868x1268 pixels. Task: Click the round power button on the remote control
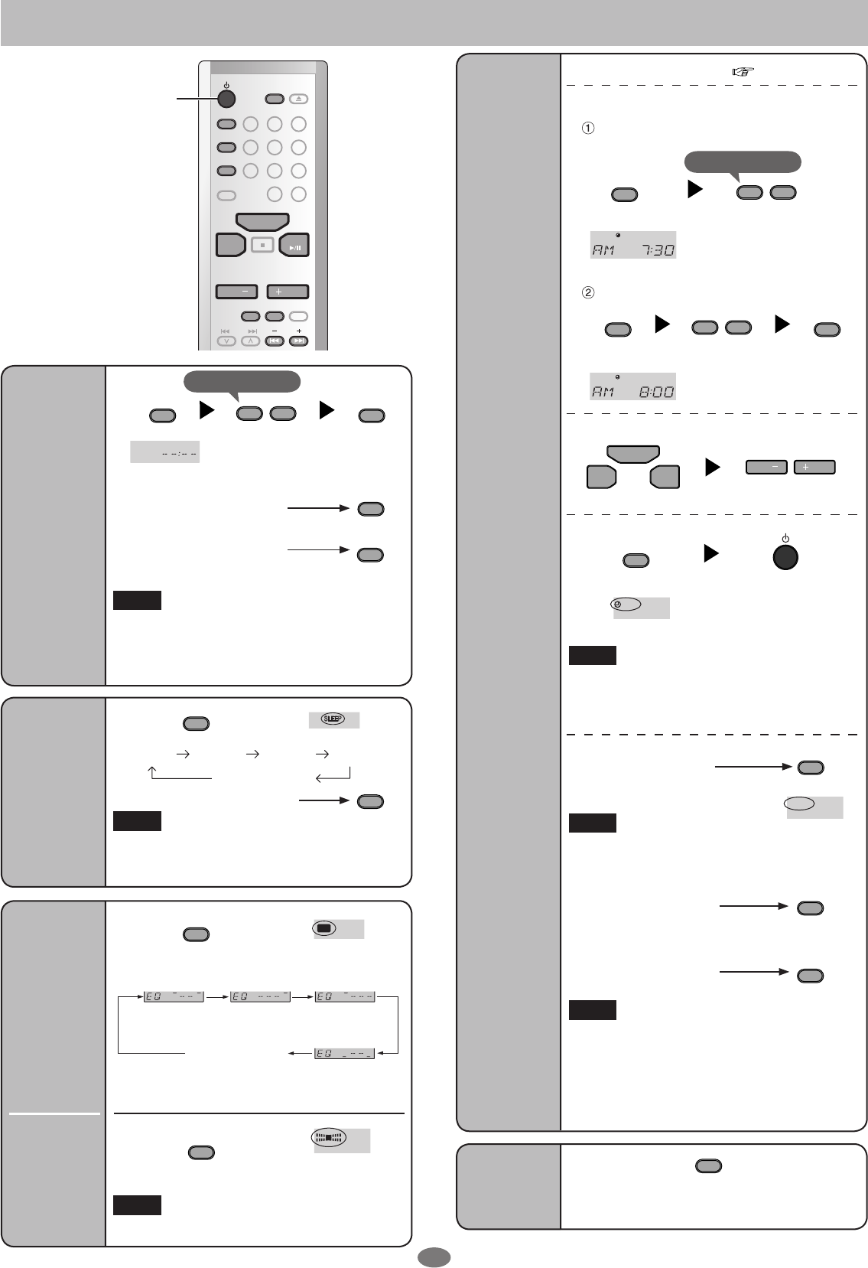click(226, 99)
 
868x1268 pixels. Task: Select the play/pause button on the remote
click(294, 245)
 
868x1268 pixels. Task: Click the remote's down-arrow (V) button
click(226, 341)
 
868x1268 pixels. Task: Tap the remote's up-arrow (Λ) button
click(250, 341)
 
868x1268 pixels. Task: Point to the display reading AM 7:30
click(632, 245)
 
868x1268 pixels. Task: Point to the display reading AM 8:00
click(632, 386)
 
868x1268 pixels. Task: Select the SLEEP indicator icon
click(334, 719)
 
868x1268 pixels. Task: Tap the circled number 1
click(587, 129)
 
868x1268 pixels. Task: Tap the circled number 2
click(587, 292)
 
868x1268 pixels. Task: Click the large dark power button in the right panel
click(785, 557)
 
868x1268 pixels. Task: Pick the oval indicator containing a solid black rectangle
click(323, 928)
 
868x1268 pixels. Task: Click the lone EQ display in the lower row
click(345, 1054)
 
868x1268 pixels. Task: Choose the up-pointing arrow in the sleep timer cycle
click(152, 774)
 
